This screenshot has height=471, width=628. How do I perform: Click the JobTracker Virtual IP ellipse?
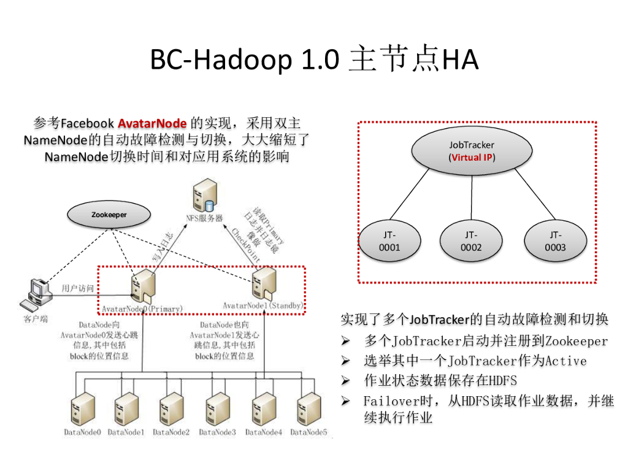tap(472, 151)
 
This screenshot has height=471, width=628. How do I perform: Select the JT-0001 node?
tap(389, 241)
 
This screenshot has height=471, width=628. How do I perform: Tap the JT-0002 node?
tap(471, 241)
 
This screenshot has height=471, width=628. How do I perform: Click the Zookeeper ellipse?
tap(109, 215)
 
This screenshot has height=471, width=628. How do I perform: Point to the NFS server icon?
tap(204, 197)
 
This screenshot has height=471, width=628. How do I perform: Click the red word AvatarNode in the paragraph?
tap(152, 123)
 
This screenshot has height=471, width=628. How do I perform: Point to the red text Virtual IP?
tap(472, 157)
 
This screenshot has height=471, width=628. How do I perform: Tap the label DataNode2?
tap(172, 432)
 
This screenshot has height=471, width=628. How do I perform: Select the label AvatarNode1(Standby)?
tap(264, 305)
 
